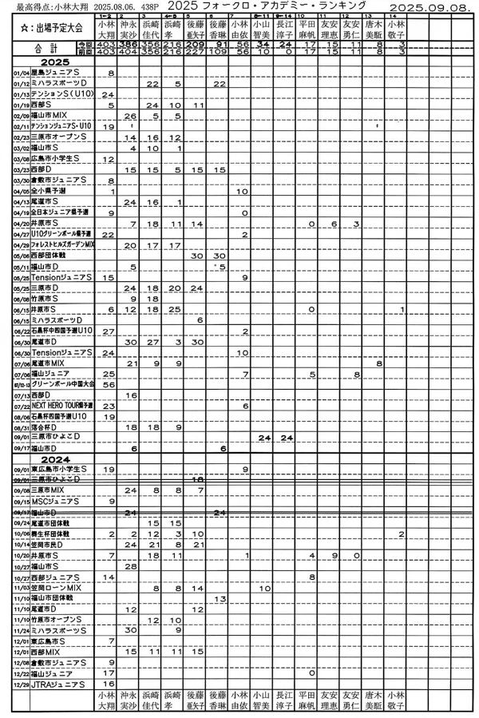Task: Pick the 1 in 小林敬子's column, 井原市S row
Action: coord(402,308)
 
